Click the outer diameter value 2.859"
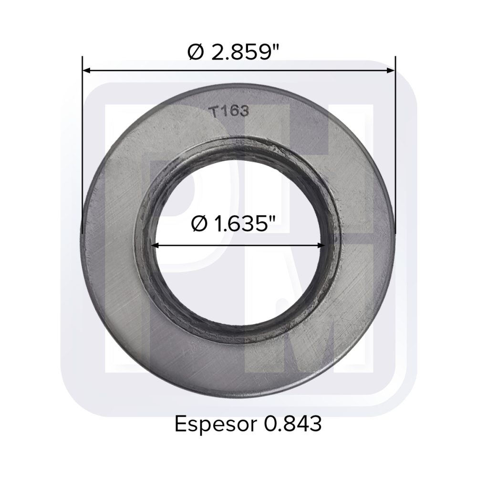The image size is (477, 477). pyautogui.click(x=240, y=52)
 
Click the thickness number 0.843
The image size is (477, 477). pyautogui.click(x=293, y=424)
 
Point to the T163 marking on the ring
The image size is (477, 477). pyautogui.click(x=230, y=112)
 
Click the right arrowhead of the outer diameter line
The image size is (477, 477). pyautogui.click(x=391, y=71)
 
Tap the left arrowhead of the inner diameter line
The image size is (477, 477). pyautogui.click(x=156, y=245)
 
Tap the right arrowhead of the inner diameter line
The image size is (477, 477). pyautogui.click(x=321, y=245)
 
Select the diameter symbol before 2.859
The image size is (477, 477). pyautogui.click(x=196, y=52)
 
